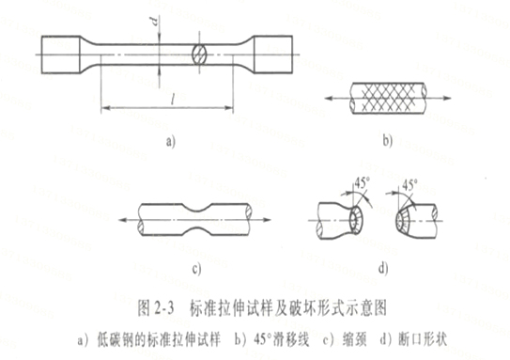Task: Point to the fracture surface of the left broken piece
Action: click(354, 222)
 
